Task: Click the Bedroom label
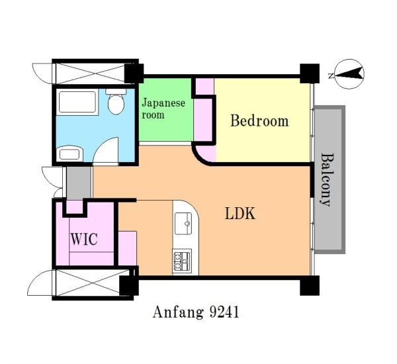tap(259, 121)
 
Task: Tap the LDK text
tap(240, 213)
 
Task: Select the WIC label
tap(84, 239)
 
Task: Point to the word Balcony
tap(326, 179)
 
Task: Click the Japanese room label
tap(163, 109)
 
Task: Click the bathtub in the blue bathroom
tap(77, 102)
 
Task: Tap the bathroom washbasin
tap(69, 154)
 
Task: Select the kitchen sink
tap(183, 224)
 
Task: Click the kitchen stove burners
tap(182, 261)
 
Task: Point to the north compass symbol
tap(349, 74)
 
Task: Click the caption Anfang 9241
tap(196, 312)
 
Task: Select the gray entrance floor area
tap(79, 183)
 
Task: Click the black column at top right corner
tap(310, 73)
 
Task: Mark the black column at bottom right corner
tap(310, 285)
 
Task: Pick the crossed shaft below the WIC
tap(91, 283)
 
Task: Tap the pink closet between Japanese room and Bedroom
tap(203, 120)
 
